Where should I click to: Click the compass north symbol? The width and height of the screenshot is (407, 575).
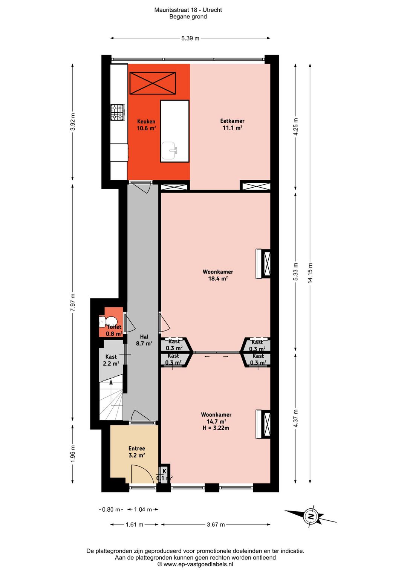pos(311,516)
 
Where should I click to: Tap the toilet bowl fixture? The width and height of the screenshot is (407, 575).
pos(103,322)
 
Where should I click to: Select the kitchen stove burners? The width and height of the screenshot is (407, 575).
pos(117,112)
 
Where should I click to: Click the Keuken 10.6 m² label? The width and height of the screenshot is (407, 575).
pos(146,125)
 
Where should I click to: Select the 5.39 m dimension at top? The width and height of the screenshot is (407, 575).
pos(190,38)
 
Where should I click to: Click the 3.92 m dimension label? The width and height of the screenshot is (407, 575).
pos(73,122)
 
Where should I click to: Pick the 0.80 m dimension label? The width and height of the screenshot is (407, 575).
pos(111,509)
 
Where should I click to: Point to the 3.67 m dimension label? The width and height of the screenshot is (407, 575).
pos(216,525)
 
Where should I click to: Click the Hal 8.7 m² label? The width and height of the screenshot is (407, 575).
pos(144,340)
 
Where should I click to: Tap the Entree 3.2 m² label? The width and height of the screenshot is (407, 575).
pos(136,452)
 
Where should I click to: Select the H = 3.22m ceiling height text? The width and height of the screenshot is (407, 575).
pos(216,428)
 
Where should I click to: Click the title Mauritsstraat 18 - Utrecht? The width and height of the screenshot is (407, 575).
pos(188,10)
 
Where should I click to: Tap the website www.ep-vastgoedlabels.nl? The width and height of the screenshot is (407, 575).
pos(195,564)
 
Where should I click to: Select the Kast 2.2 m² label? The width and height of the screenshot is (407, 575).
pos(111,360)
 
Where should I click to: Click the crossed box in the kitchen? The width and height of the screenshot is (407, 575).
pos(152,83)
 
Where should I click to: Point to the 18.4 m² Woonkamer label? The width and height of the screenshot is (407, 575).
pos(218,275)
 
